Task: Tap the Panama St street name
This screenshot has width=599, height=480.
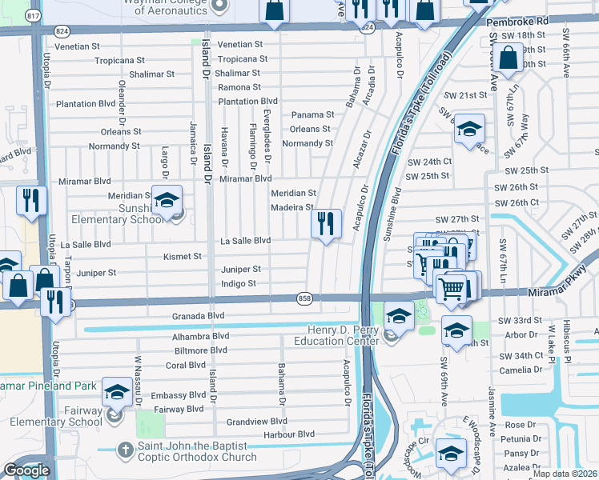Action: click(x=312, y=115)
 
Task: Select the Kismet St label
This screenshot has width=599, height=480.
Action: click(x=183, y=257)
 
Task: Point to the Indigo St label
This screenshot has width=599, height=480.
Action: click(x=238, y=284)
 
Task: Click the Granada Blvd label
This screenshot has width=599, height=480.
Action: click(x=198, y=316)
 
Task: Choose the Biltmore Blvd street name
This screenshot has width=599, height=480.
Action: click(x=196, y=350)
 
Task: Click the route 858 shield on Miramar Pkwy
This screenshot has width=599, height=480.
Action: click(x=304, y=297)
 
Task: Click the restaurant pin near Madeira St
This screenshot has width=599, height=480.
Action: click(x=326, y=224)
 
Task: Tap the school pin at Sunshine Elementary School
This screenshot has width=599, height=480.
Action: click(x=167, y=201)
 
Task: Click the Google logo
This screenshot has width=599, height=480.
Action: click(x=26, y=470)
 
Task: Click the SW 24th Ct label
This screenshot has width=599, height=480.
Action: click(x=429, y=161)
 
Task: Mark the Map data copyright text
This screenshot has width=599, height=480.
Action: click(x=564, y=474)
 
